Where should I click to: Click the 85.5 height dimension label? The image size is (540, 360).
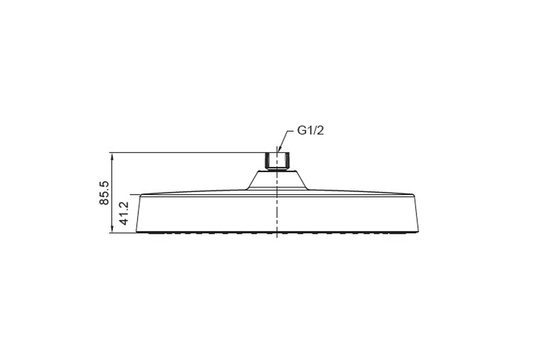point(104,193)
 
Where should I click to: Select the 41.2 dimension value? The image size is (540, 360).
point(124,213)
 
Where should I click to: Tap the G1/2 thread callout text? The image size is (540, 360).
point(310,130)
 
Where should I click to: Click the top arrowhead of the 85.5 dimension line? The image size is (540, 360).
point(112,156)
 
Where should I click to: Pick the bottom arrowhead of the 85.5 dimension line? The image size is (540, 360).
point(112,229)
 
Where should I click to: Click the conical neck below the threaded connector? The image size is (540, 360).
point(277,180)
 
